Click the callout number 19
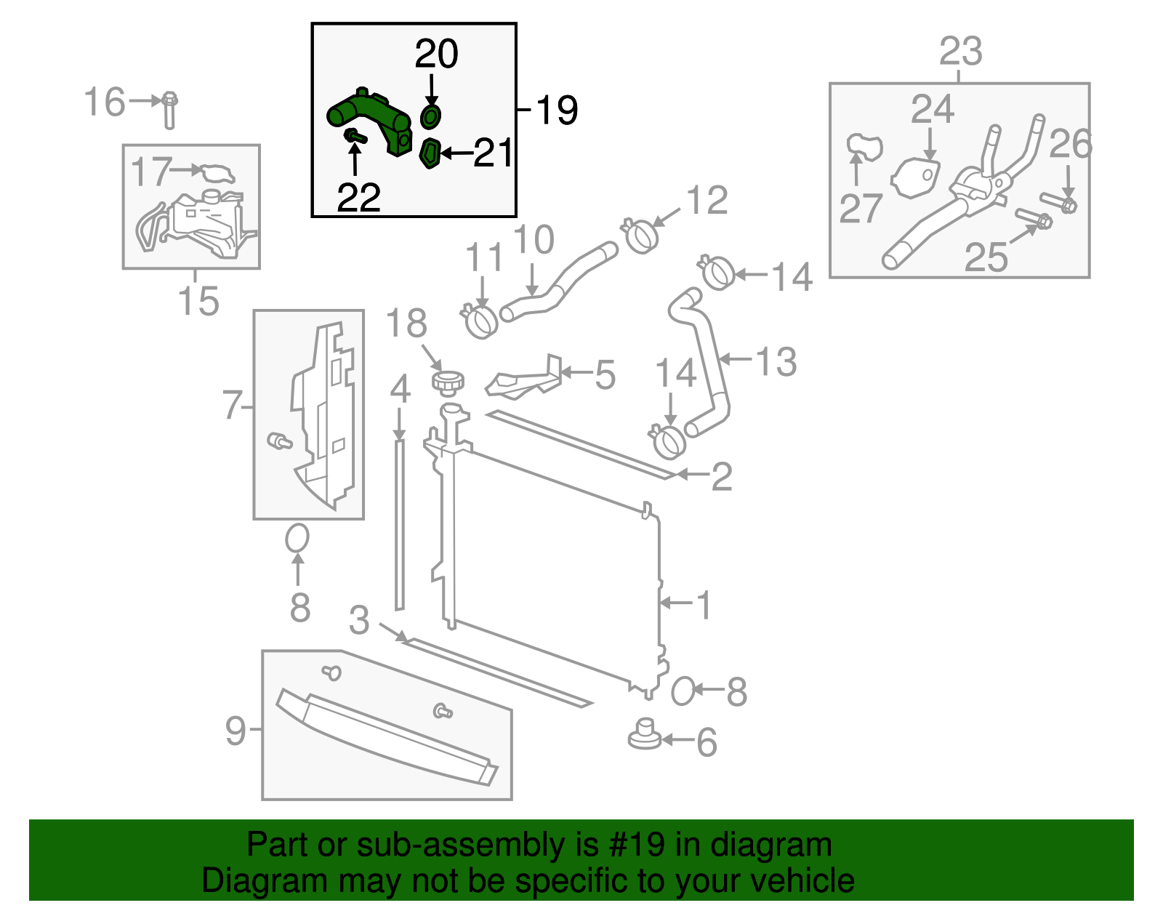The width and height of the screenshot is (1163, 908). coord(557,111)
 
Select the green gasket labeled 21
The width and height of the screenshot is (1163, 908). coord(430,153)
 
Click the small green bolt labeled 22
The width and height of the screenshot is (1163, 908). coord(354,135)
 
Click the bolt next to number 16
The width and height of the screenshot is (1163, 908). coord(169,110)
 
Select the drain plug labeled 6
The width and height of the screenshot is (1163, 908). coord(644,734)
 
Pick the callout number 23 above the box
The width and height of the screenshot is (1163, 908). coord(960,52)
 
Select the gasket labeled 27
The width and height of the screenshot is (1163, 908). coord(864,145)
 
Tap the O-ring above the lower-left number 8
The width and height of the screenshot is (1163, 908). coord(297,539)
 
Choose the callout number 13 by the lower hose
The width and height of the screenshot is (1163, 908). coord(776,361)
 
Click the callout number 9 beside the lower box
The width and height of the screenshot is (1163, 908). coord(236,729)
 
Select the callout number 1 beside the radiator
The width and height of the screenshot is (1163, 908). coord(703,604)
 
